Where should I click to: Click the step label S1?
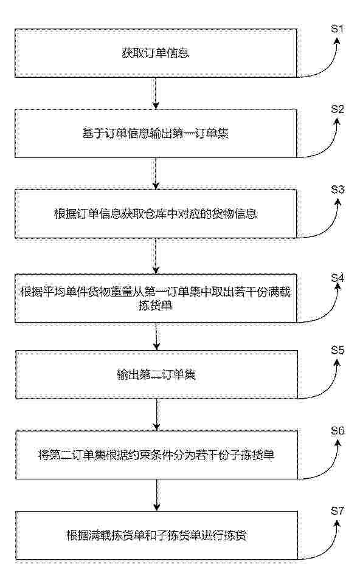337,29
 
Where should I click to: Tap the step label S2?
337,109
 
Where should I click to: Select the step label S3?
337,190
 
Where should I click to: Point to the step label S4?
337,278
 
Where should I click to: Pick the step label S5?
337,350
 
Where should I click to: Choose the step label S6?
337,430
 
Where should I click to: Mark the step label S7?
337,510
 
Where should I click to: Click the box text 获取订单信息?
156,53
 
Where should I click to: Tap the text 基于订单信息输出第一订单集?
156,133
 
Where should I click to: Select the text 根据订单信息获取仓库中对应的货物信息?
156,214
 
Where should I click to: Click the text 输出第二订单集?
156,374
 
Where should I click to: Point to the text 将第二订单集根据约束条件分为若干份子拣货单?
156,455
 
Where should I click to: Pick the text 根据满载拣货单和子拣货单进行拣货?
156,535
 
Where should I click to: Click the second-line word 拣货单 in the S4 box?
156,306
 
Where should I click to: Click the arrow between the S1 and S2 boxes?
156,93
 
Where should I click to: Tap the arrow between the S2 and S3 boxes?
156,174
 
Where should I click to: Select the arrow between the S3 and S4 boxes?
156,256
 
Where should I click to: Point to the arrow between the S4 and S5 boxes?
156,337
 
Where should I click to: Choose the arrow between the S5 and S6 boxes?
156,415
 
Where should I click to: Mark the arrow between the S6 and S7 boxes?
156,495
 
